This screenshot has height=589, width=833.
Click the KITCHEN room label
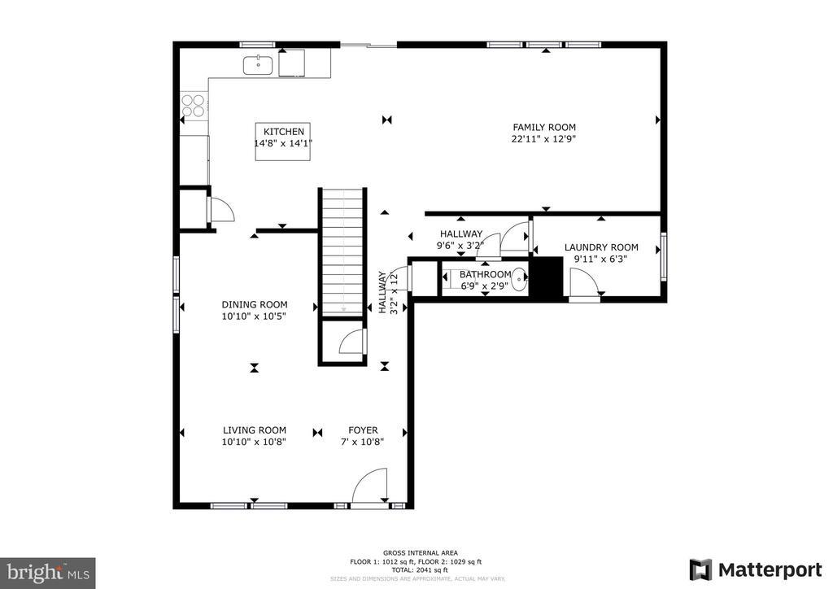283,132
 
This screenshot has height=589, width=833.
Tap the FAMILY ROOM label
543,127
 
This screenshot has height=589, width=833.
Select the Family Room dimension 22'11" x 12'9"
543,138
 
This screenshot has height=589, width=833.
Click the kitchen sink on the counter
259,64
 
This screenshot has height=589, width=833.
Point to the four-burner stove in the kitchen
194,106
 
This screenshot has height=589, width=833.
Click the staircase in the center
342,252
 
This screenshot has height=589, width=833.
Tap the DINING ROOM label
255,305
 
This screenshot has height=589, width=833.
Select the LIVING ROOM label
255,430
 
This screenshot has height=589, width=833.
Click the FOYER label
363,430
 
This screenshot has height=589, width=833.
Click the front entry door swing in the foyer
370,486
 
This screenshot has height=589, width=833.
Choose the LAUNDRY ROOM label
601,247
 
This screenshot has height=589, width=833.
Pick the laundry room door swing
583,283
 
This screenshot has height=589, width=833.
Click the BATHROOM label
486,275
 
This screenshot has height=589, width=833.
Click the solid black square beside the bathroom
546,277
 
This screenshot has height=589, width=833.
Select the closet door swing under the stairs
352,342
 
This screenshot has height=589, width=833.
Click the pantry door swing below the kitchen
220,209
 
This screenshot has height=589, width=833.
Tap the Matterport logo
756,569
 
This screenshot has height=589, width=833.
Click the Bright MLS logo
47,571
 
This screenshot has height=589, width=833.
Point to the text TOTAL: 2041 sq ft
416,569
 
